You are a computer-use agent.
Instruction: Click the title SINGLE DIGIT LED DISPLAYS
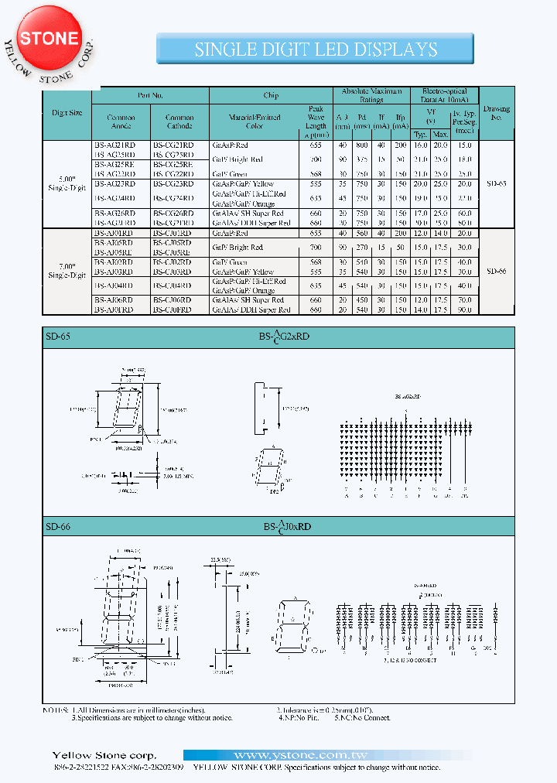316,50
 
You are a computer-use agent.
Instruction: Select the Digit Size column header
67,113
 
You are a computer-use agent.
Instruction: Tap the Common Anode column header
121,122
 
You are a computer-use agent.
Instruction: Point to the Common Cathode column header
179,122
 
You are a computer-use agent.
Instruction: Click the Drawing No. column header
496,113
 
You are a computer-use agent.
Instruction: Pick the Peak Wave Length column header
316,121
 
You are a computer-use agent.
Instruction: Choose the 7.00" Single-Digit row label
67,271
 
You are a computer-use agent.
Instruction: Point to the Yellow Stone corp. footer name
104,755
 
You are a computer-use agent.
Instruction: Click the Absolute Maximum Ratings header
371,95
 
